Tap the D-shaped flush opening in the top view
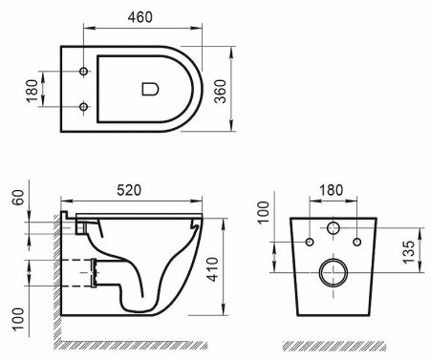148,89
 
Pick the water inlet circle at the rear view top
332,229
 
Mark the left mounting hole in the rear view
308,242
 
